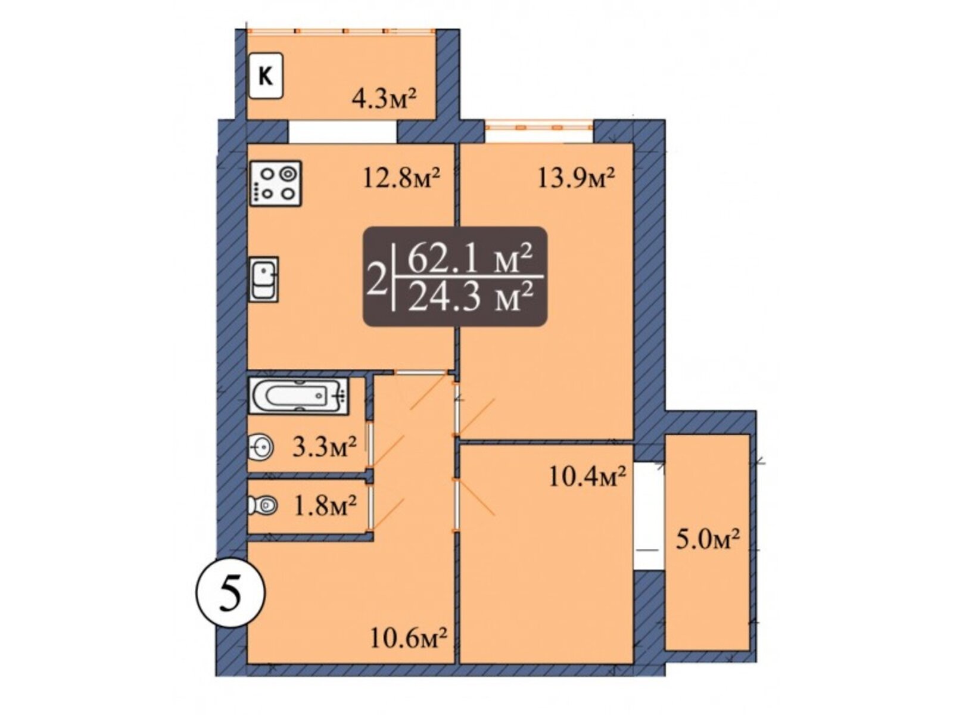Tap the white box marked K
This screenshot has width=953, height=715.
coord(266,76)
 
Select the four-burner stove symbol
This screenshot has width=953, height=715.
coord(275,184)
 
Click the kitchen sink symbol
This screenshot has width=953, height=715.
coord(264,279)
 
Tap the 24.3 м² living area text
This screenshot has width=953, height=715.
coord(470,297)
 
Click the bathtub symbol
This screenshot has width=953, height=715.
coord(298,396)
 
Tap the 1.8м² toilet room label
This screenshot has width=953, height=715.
coord(326,506)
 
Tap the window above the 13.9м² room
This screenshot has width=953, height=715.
coord(538,127)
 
